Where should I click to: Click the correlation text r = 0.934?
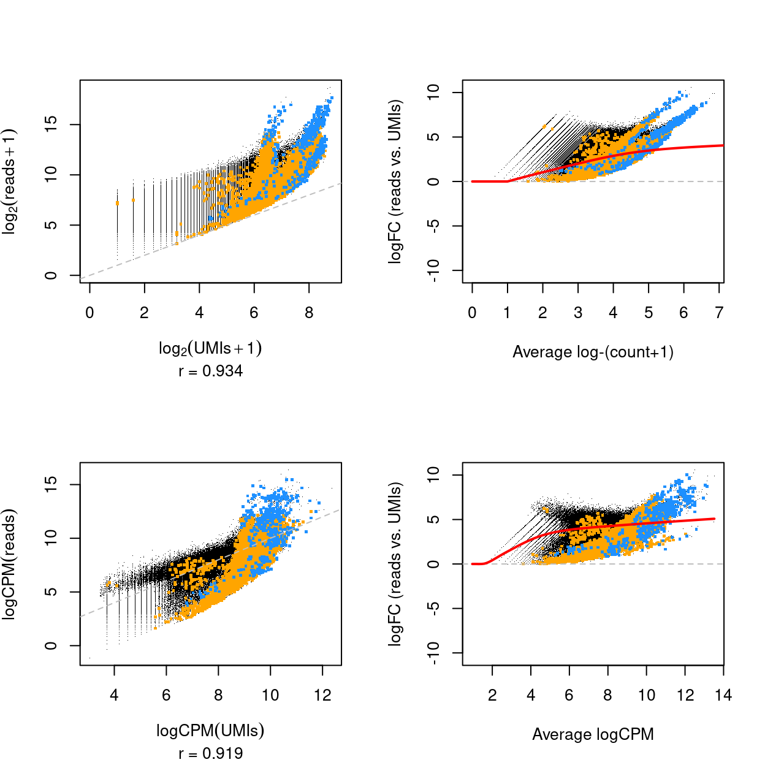(210, 371)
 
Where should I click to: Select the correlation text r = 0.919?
(210, 753)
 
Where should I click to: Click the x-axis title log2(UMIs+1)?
(210, 348)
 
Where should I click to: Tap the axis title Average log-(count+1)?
(593, 352)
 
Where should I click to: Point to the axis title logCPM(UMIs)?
(210, 730)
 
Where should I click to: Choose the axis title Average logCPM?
(593, 734)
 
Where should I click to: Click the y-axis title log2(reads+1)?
(9, 181)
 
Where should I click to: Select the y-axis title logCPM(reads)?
(9, 564)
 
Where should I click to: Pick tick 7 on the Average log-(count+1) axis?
(719, 313)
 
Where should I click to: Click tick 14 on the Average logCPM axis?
(723, 695)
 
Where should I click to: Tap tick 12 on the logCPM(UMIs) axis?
(322, 695)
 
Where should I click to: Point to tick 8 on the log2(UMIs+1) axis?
(309, 313)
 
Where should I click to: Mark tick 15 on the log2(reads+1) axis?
(51, 125)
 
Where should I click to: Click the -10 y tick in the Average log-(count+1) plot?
(433, 270)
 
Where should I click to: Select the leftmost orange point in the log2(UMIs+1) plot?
(117, 203)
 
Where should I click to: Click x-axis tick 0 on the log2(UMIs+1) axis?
(89, 313)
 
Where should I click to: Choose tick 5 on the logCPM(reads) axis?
(51, 592)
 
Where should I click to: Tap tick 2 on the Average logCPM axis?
(492, 695)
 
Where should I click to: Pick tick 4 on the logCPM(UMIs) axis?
(114, 695)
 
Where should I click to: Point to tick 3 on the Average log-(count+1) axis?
(578, 313)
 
